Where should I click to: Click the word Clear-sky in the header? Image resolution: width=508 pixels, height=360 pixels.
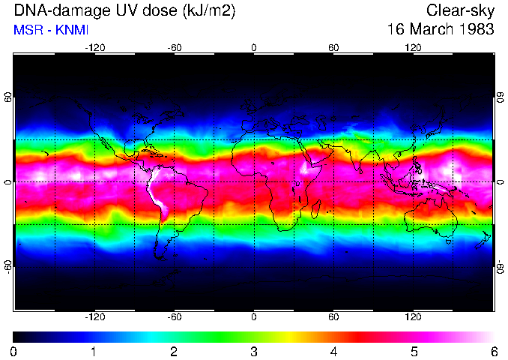coord(460,10)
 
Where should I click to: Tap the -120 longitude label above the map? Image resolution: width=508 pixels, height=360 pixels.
coord(94,46)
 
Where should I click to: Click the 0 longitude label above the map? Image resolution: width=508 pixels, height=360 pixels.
coord(254,46)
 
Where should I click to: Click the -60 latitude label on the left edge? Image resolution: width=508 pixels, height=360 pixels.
coord(7,266)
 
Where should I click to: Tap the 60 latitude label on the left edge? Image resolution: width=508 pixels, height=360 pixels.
coord(7,97)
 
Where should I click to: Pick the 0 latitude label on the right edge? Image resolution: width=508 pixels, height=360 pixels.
coord(500,182)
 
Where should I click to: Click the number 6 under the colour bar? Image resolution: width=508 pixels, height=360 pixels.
coord(493,350)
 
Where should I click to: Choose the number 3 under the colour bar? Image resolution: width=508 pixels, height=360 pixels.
coord(254,350)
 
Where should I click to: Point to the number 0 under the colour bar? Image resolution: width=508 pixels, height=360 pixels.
coord(14,350)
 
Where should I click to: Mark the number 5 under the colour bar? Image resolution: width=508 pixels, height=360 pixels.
coord(414,350)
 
